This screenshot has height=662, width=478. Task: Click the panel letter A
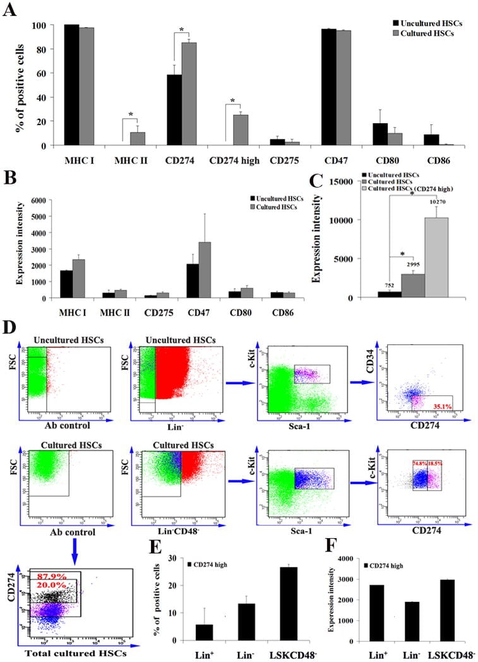[10, 11]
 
